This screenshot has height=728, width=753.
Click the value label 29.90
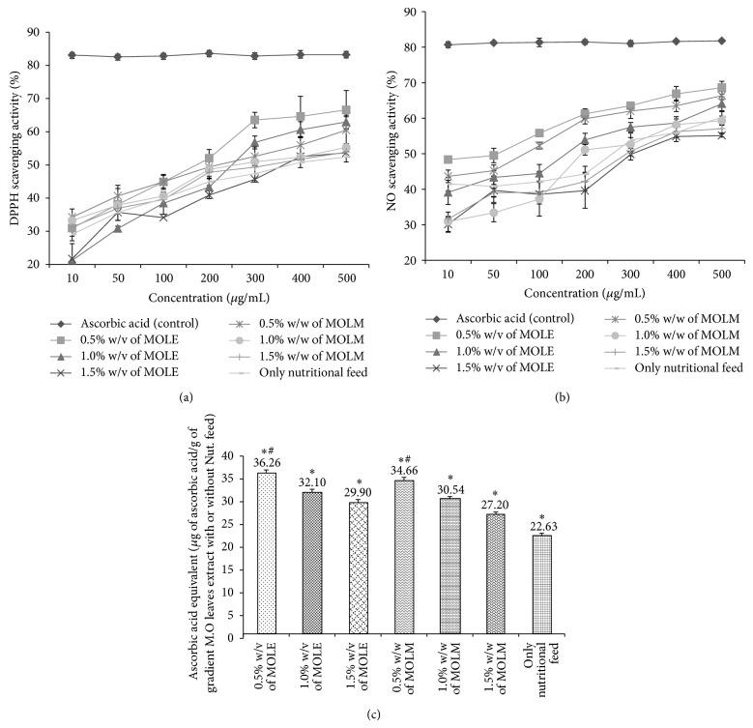359,492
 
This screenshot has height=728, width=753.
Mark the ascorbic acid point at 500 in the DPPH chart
345,54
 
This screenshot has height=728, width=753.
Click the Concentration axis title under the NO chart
571,295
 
